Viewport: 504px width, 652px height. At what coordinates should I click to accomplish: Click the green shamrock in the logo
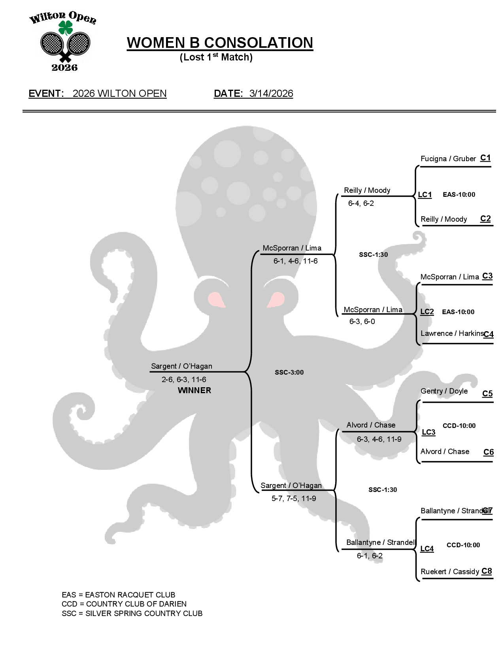pyautogui.click(x=66, y=28)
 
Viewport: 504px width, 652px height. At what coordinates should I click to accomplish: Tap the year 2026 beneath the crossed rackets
pyautogui.click(x=64, y=68)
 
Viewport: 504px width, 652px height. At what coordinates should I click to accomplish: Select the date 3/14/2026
pyautogui.click(x=271, y=94)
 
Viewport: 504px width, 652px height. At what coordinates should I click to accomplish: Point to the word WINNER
pyautogui.click(x=194, y=390)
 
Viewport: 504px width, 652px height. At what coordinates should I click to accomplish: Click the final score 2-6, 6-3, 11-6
pyautogui.click(x=184, y=379)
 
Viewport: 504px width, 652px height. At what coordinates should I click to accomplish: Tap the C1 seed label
pyautogui.click(x=485, y=158)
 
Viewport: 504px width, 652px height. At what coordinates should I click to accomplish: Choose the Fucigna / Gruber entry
pyautogui.click(x=448, y=159)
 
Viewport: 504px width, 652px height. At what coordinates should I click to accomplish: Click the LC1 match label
pyautogui.click(x=425, y=194)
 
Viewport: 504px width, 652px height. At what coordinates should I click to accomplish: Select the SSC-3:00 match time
pyautogui.click(x=289, y=372)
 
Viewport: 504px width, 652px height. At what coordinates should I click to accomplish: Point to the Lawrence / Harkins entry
pyautogui.click(x=452, y=334)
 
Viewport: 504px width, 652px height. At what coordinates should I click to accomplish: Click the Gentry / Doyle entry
pyautogui.click(x=444, y=391)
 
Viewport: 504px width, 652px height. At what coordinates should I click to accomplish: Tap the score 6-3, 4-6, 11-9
pyautogui.click(x=379, y=439)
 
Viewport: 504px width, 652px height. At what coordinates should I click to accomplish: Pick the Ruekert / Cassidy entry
pyautogui.click(x=450, y=572)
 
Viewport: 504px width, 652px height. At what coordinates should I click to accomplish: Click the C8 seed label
pyautogui.click(x=487, y=571)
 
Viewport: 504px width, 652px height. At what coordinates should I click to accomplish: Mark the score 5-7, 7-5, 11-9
pyautogui.click(x=294, y=498)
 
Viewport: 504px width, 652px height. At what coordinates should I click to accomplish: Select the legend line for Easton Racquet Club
pyautogui.click(x=119, y=595)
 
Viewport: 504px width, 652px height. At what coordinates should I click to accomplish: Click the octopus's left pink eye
pyautogui.click(x=216, y=300)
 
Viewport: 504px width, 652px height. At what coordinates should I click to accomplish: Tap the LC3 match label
pyautogui.click(x=428, y=432)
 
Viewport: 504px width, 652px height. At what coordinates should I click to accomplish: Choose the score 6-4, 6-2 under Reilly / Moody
pyautogui.click(x=361, y=204)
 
